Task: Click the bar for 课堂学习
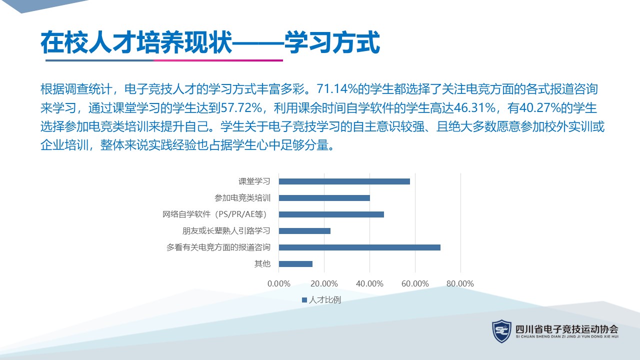(x=344, y=181)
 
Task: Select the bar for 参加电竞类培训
(x=324, y=198)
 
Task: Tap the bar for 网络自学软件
(x=331, y=214)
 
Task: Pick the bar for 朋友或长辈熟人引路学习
(x=304, y=231)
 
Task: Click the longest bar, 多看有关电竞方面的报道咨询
(x=359, y=247)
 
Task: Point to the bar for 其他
(x=295, y=264)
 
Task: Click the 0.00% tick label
(x=279, y=283)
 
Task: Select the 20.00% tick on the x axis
(x=324, y=283)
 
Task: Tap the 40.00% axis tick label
(x=369, y=283)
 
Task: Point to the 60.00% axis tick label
(x=415, y=283)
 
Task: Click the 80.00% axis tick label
(x=460, y=283)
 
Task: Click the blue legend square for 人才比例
(x=304, y=300)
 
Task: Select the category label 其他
(x=262, y=263)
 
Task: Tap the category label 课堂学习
(x=254, y=181)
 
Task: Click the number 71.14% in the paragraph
(x=337, y=89)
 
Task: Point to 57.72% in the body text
(x=241, y=108)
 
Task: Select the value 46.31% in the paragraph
(x=474, y=108)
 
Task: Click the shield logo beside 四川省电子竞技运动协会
(x=501, y=331)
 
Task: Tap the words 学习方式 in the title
(x=332, y=42)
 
